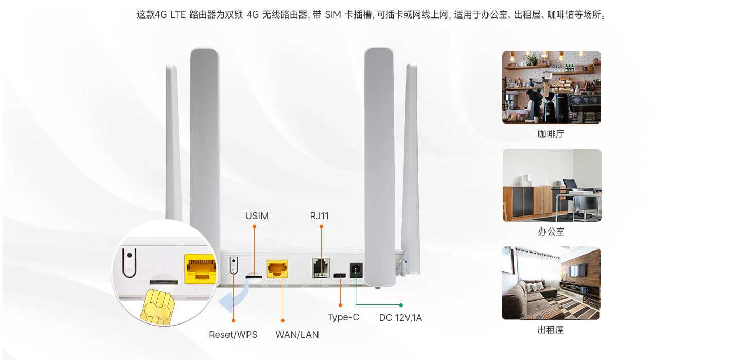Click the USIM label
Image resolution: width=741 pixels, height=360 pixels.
[x=257, y=216]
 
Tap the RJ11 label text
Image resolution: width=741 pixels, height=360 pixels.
[x=319, y=216]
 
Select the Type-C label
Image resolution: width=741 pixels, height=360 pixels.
[x=343, y=317]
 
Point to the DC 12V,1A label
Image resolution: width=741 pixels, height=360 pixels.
[x=400, y=318]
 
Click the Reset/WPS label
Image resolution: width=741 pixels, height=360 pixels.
[x=233, y=335]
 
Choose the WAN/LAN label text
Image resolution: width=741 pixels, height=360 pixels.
[x=297, y=335]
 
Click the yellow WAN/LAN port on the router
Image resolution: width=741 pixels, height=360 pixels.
[x=277, y=269]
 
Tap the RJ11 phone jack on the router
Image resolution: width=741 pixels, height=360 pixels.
[x=321, y=268]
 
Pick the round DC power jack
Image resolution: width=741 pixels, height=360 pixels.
[x=356, y=270]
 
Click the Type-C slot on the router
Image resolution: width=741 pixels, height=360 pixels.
[x=340, y=275]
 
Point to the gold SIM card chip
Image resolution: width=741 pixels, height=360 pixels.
[x=157, y=307]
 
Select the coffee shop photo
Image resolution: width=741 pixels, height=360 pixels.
[x=552, y=87]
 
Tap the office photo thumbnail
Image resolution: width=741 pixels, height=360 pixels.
[x=552, y=185]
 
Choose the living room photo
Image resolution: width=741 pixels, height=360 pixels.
[x=551, y=283]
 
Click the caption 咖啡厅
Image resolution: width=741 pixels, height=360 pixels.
[x=551, y=134]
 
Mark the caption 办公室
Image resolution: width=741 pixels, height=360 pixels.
[x=551, y=231]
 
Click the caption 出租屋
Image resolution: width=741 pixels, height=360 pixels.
[x=551, y=330]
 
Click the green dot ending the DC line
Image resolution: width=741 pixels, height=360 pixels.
[x=401, y=305]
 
